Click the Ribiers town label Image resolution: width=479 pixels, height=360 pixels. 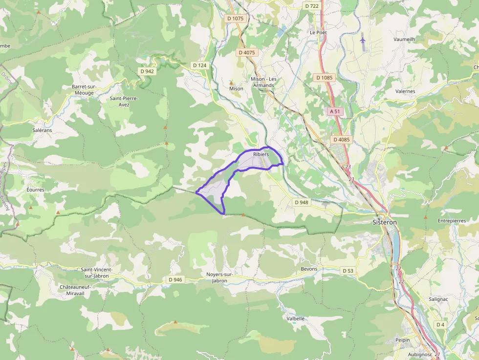click(261, 154)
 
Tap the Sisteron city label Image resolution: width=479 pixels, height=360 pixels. click(385, 222)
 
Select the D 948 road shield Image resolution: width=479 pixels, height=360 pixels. click(302, 202)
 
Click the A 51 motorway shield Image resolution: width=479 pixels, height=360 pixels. click(334, 111)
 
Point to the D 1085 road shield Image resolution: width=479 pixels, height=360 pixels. click(324, 78)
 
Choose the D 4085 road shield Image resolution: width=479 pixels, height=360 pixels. click(342, 140)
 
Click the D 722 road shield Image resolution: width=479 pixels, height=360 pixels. click(311, 6)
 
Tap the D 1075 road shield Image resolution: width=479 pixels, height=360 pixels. click(235, 19)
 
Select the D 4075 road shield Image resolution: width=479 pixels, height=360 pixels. click(247, 52)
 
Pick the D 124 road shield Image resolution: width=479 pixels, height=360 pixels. click(199, 65)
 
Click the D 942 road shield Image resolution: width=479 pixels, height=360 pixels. click(147, 71)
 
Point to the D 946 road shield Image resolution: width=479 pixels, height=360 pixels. click(174, 280)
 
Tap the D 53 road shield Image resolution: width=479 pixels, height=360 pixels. click(348, 271)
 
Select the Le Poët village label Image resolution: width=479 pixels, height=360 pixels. click(318, 32)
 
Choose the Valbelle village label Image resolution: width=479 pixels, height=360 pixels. click(296, 318)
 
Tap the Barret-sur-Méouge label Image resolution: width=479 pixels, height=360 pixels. click(84, 89)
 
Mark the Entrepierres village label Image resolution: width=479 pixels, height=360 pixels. click(452, 221)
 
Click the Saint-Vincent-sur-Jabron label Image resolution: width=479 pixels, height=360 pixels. click(97, 273)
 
